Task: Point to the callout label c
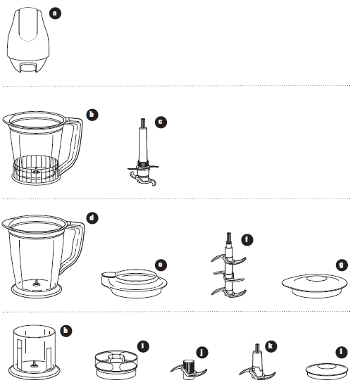161,122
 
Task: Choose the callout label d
92,217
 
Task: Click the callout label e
161,265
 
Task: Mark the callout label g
342,265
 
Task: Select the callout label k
271,346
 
